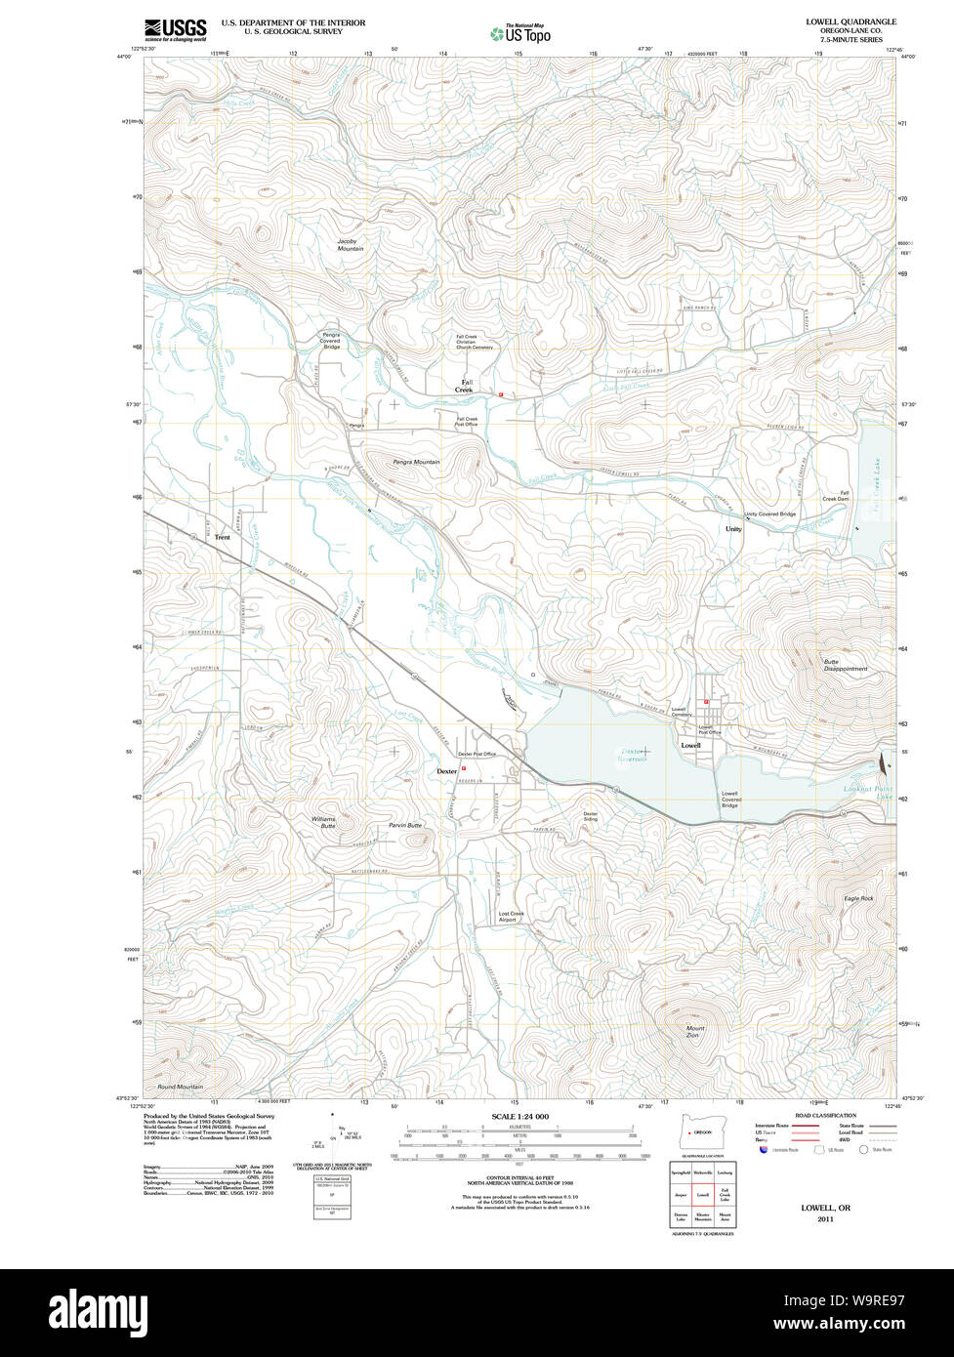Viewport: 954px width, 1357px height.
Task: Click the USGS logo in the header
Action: pos(175,29)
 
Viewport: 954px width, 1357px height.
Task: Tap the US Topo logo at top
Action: pos(520,34)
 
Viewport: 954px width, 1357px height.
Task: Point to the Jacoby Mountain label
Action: pos(350,245)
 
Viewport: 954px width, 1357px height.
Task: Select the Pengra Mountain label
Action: pos(416,462)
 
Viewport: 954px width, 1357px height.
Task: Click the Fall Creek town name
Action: pos(464,386)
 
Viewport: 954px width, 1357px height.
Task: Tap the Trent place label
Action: pos(223,537)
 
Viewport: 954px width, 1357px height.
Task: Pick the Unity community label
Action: pos(733,529)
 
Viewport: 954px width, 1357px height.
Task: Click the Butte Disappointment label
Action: pos(845,665)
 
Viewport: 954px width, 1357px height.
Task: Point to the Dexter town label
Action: pos(447,771)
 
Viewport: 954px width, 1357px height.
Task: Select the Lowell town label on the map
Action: pos(690,745)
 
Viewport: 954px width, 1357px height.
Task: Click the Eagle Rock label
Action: pos(859,898)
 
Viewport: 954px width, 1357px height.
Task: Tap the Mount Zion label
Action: pos(695,1032)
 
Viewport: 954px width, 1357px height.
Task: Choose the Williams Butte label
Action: pos(323,822)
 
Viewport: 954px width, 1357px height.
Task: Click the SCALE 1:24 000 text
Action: pos(519,1116)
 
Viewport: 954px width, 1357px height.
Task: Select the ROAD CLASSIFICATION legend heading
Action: pos(825,1115)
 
